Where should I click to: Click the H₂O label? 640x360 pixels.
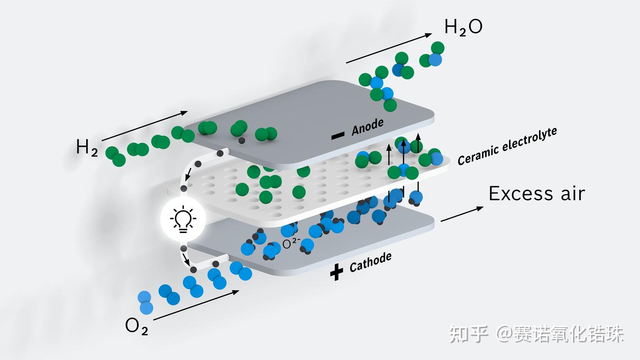coord(463,28)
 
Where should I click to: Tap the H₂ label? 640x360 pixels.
coord(87,148)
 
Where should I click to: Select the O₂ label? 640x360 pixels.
coord(136,326)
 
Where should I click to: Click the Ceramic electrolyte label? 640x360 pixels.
coord(507,146)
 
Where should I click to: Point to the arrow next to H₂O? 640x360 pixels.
coord(388,48)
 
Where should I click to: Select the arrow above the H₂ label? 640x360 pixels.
coord(145,126)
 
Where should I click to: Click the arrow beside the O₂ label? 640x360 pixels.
coord(196,305)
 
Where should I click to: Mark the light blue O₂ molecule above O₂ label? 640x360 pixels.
coord(145,302)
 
